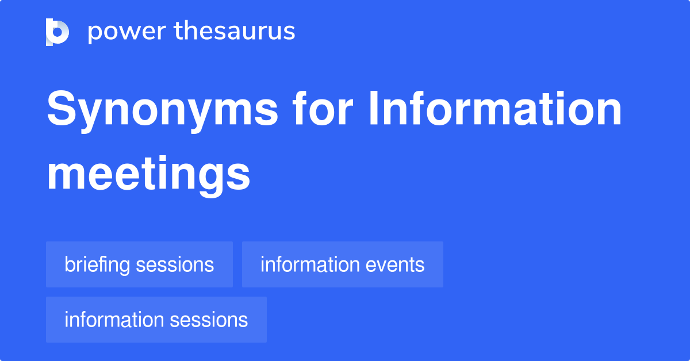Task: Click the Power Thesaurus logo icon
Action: click(57, 32)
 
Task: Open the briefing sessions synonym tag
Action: click(139, 264)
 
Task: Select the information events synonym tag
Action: click(342, 264)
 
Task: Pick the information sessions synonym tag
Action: click(156, 320)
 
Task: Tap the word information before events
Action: click(310, 264)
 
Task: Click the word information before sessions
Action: click(114, 320)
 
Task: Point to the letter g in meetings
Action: click(212, 178)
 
